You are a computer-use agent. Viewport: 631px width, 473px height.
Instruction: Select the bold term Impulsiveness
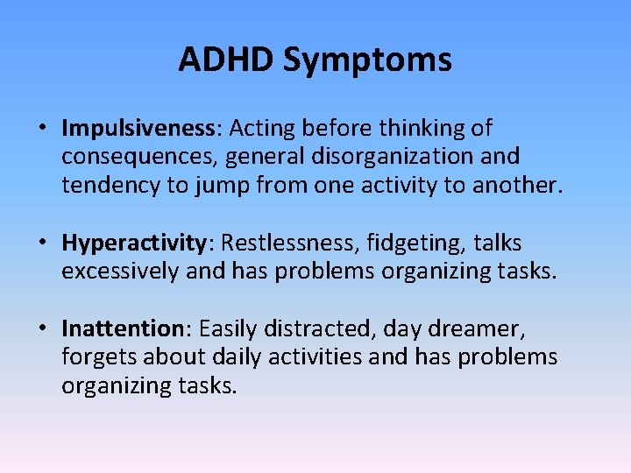coord(138,129)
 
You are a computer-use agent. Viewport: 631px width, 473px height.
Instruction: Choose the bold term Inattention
coord(121,328)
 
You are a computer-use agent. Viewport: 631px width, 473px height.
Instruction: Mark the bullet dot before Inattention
coord(42,329)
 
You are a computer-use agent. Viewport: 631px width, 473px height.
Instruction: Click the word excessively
coord(121,272)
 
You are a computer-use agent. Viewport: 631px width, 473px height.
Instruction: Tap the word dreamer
coord(476,328)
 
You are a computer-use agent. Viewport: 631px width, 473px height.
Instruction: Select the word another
coord(515,186)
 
